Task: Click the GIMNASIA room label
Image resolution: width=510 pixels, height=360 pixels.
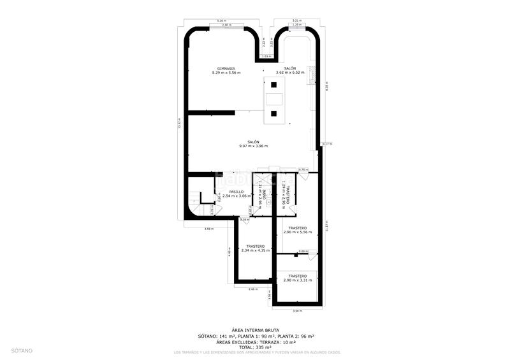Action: point(226,68)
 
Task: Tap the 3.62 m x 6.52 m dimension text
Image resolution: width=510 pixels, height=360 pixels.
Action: point(290,73)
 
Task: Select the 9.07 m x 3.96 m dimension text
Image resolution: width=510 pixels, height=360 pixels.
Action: point(253,146)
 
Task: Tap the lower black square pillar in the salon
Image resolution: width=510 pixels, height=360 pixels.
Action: point(273,113)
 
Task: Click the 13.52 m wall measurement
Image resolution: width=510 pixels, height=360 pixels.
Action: point(180,123)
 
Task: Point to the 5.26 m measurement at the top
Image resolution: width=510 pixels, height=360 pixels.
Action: point(221,21)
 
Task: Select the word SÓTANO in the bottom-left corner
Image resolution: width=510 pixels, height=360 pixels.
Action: point(22,350)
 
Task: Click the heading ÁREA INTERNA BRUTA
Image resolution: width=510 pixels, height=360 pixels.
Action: point(255,330)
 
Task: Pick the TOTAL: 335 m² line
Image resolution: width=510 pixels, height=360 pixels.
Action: point(255,347)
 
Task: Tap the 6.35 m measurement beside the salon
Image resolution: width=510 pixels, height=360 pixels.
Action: point(326,86)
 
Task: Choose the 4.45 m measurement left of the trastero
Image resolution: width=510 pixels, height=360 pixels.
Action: point(229,252)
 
